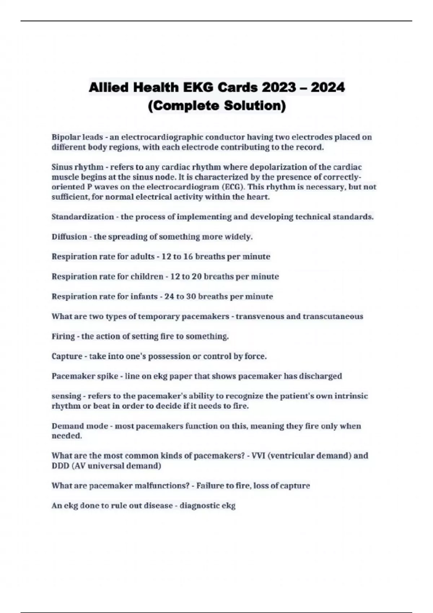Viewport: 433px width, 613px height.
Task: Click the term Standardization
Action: [83, 217]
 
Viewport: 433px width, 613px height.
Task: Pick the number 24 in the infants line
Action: [169, 296]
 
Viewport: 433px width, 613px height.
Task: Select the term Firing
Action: [63, 336]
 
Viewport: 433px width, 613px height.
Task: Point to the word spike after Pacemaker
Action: [108, 376]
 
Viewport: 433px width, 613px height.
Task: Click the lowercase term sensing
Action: [66, 396]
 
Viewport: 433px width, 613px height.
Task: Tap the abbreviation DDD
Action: [60, 466]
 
